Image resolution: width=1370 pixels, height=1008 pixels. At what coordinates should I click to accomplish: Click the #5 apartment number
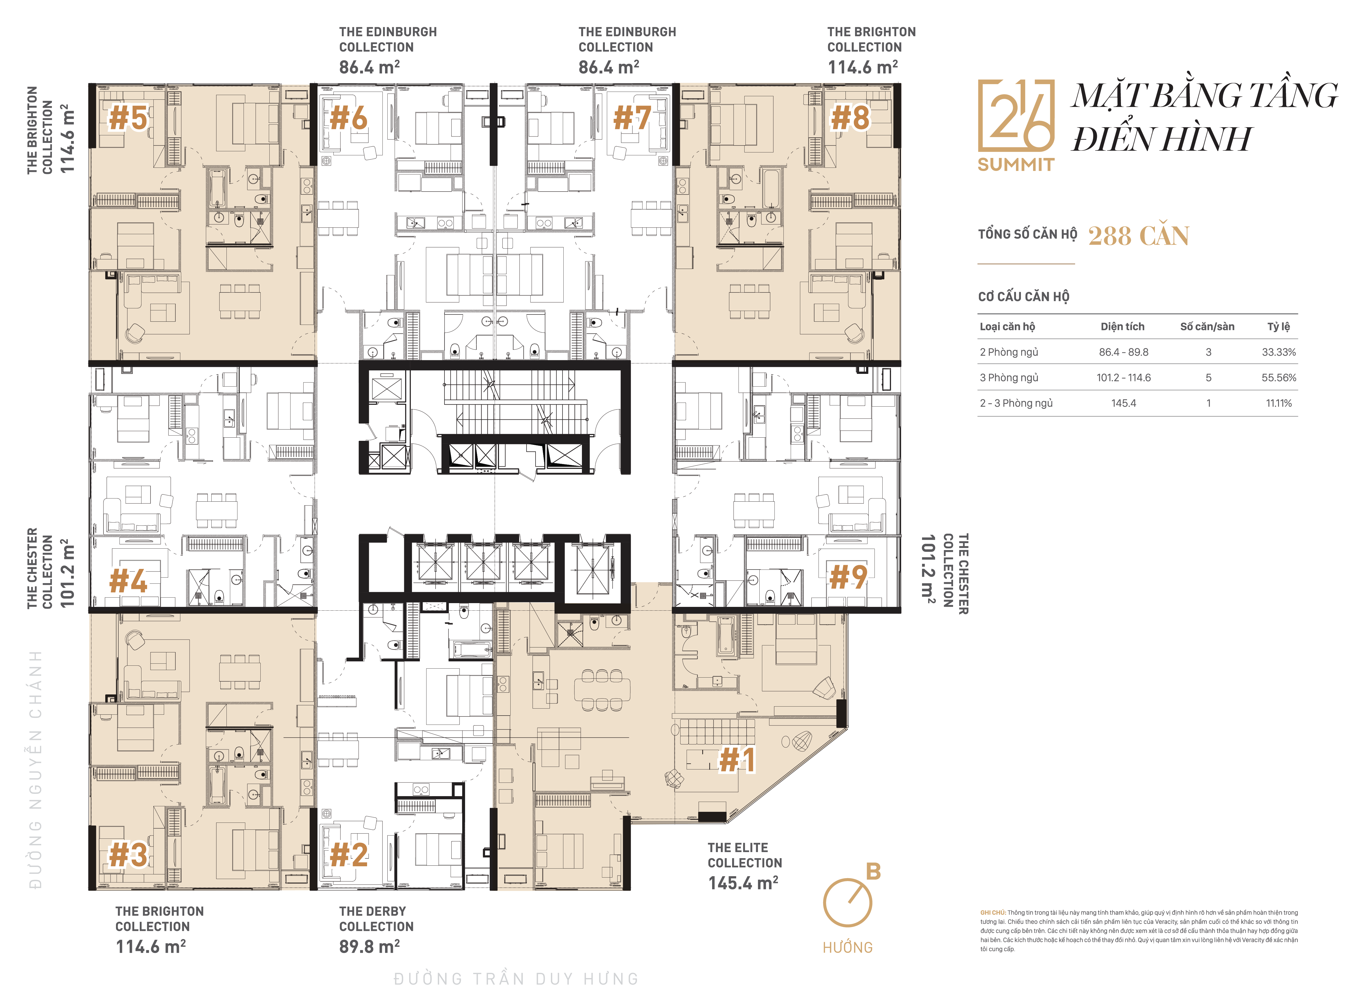[x=128, y=118]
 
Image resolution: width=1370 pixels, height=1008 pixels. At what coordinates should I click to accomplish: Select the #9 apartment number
[x=848, y=577]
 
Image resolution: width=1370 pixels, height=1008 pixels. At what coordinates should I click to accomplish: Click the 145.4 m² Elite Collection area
[x=743, y=882]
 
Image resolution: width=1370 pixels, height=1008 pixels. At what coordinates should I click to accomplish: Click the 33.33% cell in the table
[x=1278, y=352]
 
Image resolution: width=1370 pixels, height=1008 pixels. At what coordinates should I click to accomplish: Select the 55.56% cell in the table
[x=1278, y=378]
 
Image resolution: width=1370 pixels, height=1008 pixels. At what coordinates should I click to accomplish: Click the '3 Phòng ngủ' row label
[x=1008, y=378]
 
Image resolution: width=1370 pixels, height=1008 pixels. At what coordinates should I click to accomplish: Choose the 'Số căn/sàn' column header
[x=1207, y=326]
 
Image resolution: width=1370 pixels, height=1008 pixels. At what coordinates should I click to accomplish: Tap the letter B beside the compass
[x=874, y=871]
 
